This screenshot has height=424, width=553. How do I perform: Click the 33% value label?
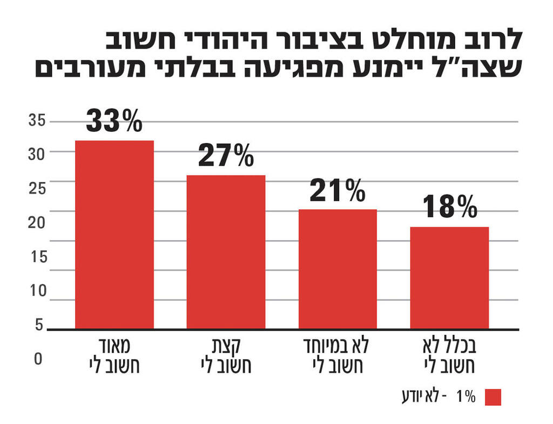pos(114,121)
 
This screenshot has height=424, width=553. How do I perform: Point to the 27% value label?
pos(226,156)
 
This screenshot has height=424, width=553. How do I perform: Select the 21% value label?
pos(338,190)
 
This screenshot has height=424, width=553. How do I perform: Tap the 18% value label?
pos(449,207)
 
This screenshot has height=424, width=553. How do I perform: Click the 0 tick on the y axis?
pos(38,359)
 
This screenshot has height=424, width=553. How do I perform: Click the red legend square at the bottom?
pos(493,398)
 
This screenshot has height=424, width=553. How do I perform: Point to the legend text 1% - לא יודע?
pos(438,398)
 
